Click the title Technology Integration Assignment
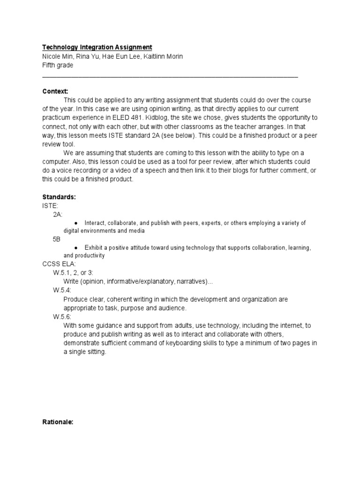coord(97,47)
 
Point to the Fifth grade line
coord(58,65)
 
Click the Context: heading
coord(55,91)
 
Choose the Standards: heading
coord(59,197)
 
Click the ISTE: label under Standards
coord(49,206)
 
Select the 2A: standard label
coord(58,214)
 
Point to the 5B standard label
coord(57,240)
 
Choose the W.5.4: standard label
coord(62,290)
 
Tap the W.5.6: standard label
coord(62,317)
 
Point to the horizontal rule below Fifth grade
coord(170,76)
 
